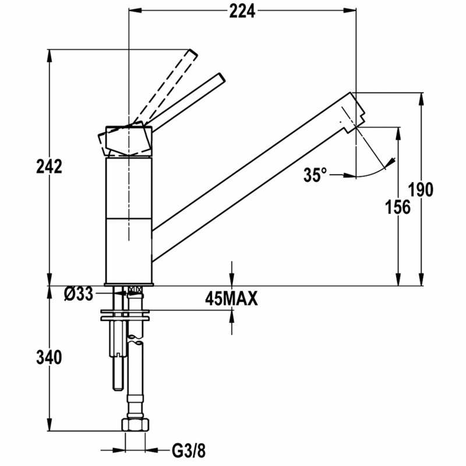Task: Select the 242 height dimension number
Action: click(49, 167)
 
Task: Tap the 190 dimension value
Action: click(420, 190)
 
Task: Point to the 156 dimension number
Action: click(398, 207)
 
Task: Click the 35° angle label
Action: click(315, 175)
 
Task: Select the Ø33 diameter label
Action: click(79, 294)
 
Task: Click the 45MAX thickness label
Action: click(231, 299)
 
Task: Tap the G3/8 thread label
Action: click(189, 450)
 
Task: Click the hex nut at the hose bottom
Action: click(135, 425)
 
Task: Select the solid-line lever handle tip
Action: click(219, 77)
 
